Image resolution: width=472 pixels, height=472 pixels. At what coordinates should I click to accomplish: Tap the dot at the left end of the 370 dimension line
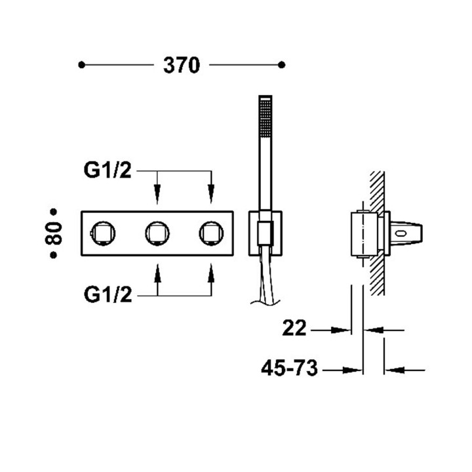click(81, 64)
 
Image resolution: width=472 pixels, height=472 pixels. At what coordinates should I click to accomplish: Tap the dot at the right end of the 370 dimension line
click(282, 64)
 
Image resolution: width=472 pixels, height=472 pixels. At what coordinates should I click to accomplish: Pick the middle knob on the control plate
click(157, 232)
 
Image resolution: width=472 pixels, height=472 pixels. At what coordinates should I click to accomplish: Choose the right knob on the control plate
click(210, 232)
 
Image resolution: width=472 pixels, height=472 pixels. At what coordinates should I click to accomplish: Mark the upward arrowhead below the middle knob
click(157, 270)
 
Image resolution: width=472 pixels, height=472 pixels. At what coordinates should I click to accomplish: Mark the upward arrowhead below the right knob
click(210, 270)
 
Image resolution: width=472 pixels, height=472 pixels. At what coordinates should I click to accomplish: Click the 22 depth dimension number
click(295, 329)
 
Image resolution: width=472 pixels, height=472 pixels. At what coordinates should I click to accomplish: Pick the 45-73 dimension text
click(288, 369)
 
